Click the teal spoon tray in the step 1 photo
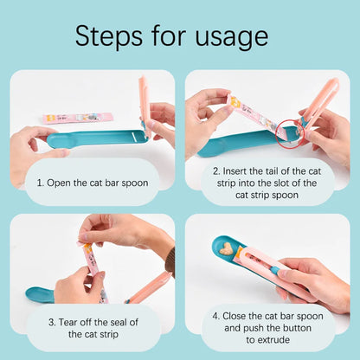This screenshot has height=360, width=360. click(95, 139)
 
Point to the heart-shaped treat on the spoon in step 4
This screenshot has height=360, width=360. click(228, 250)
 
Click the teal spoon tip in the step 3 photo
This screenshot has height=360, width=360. click(39, 295)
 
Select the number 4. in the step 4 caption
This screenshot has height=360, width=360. click(216, 316)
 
